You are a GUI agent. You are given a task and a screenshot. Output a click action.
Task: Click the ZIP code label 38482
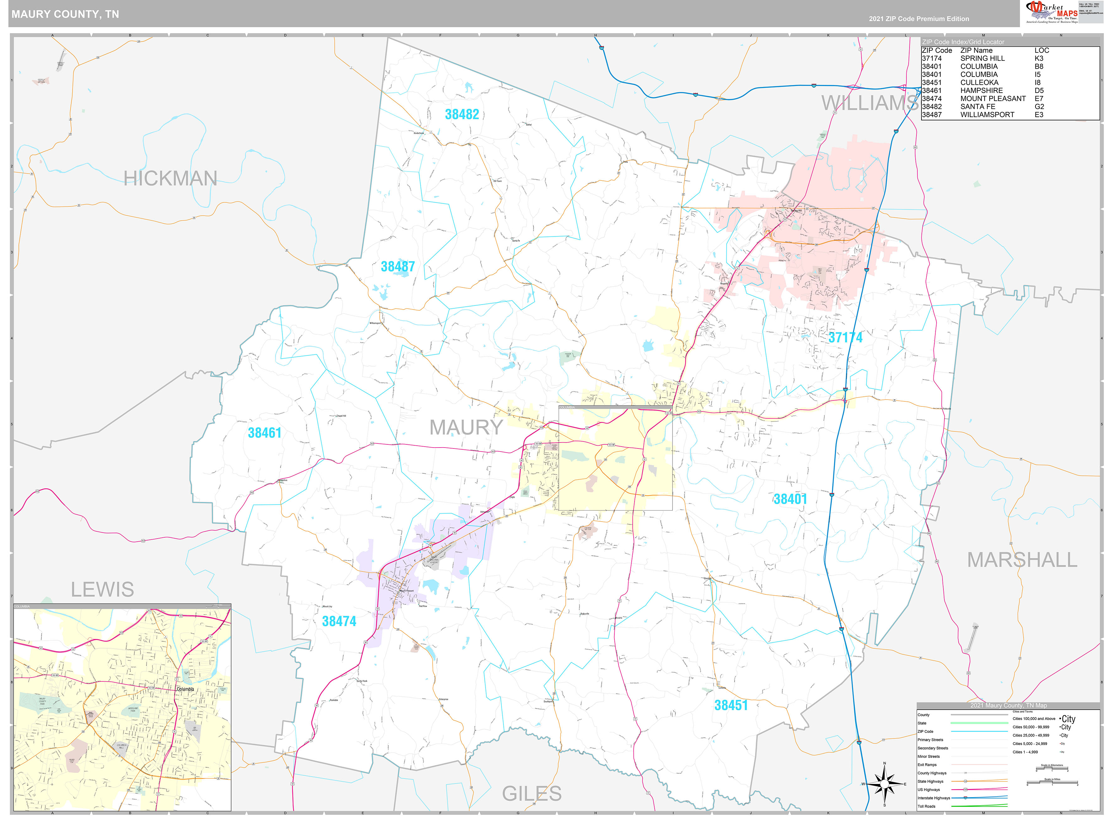pyautogui.click(x=462, y=115)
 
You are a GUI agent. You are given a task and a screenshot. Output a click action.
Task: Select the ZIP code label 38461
pyautogui.click(x=265, y=433)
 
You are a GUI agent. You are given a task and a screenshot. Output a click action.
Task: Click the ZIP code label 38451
pyautogui.click(x=731, y=705)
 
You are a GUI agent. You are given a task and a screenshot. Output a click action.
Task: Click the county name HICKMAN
pyautogui.click(x=170, y=178)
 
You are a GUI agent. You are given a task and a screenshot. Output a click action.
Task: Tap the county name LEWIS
pyautogui.click(x=102, y=589)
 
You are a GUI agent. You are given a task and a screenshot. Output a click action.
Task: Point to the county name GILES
pyautogui.click(x=532, y=794)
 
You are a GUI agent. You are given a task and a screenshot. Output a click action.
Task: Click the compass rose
pyautogui.click(x=884, y=783)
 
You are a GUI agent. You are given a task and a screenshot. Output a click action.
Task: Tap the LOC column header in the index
pyautogui.click(x=1041, y=51)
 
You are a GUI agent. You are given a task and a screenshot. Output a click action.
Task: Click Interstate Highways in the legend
pyautogui.click(x=934, y=798)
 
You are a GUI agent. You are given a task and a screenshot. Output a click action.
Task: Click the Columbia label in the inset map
pyautogui.click(x=185, y=689)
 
